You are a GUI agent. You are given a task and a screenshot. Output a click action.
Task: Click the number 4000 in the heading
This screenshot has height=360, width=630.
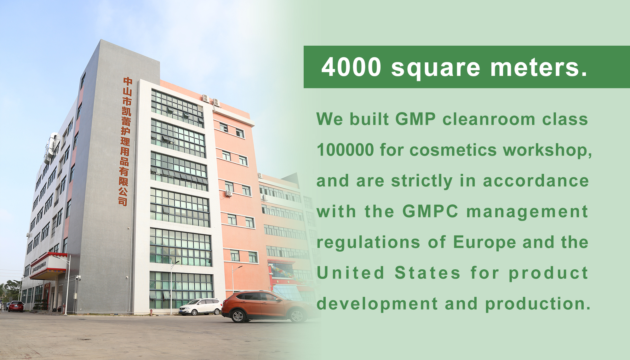pos(351,67)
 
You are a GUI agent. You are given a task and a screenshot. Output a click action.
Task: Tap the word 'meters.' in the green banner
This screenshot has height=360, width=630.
pos(539,67)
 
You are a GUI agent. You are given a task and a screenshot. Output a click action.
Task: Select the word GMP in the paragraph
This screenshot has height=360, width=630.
pos(415,119)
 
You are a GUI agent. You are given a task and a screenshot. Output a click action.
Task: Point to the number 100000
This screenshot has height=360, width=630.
pos(345,150)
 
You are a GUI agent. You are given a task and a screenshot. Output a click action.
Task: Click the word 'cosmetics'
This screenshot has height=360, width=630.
pos(453,150)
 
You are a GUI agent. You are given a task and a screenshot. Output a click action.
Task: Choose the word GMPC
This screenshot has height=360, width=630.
pos(430,211)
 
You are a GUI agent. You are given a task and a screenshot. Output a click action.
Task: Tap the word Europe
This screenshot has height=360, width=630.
pos(484,242)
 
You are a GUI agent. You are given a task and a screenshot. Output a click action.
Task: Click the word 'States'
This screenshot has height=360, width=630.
pos(427,273)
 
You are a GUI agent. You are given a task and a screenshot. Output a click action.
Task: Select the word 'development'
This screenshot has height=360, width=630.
pos(377,304)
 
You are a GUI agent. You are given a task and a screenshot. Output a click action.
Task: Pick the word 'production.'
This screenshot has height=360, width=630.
pos(538,304)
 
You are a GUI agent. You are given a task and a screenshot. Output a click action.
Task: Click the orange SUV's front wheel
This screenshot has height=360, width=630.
pos(238,316)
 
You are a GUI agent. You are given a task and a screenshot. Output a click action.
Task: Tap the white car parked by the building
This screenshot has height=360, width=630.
pos(200,306)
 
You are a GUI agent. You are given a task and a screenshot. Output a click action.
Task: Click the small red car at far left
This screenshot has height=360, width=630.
pos(16,306)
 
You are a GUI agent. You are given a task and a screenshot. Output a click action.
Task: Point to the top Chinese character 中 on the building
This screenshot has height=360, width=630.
pos(128,81)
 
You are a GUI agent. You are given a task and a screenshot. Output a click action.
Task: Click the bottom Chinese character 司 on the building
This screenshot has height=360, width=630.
pos(123,201)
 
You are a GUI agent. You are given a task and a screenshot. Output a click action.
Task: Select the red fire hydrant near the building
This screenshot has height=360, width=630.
pos(151,312)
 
